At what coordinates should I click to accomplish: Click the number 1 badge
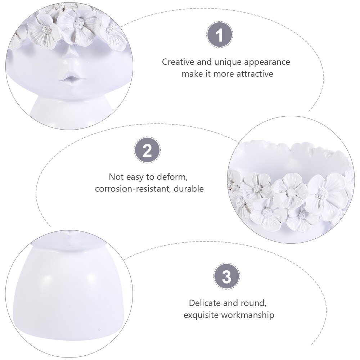pyautogui.click(x=220, y=35)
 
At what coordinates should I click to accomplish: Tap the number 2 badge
pyautogui.click(x=147, y=150)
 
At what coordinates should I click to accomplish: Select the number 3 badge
pyautogui.click(x=226, y=276)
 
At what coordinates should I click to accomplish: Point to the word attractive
pyautogui.click(x=255, y=74)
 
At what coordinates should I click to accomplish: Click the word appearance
pyautogui.click(x=267, y=62)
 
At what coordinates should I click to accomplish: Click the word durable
pyautogui.click(x=189, y=189)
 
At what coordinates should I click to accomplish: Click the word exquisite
pyautogui.click(x=201, y=315)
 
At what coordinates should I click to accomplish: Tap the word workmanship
pyautogui.click(x=248, y=315)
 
